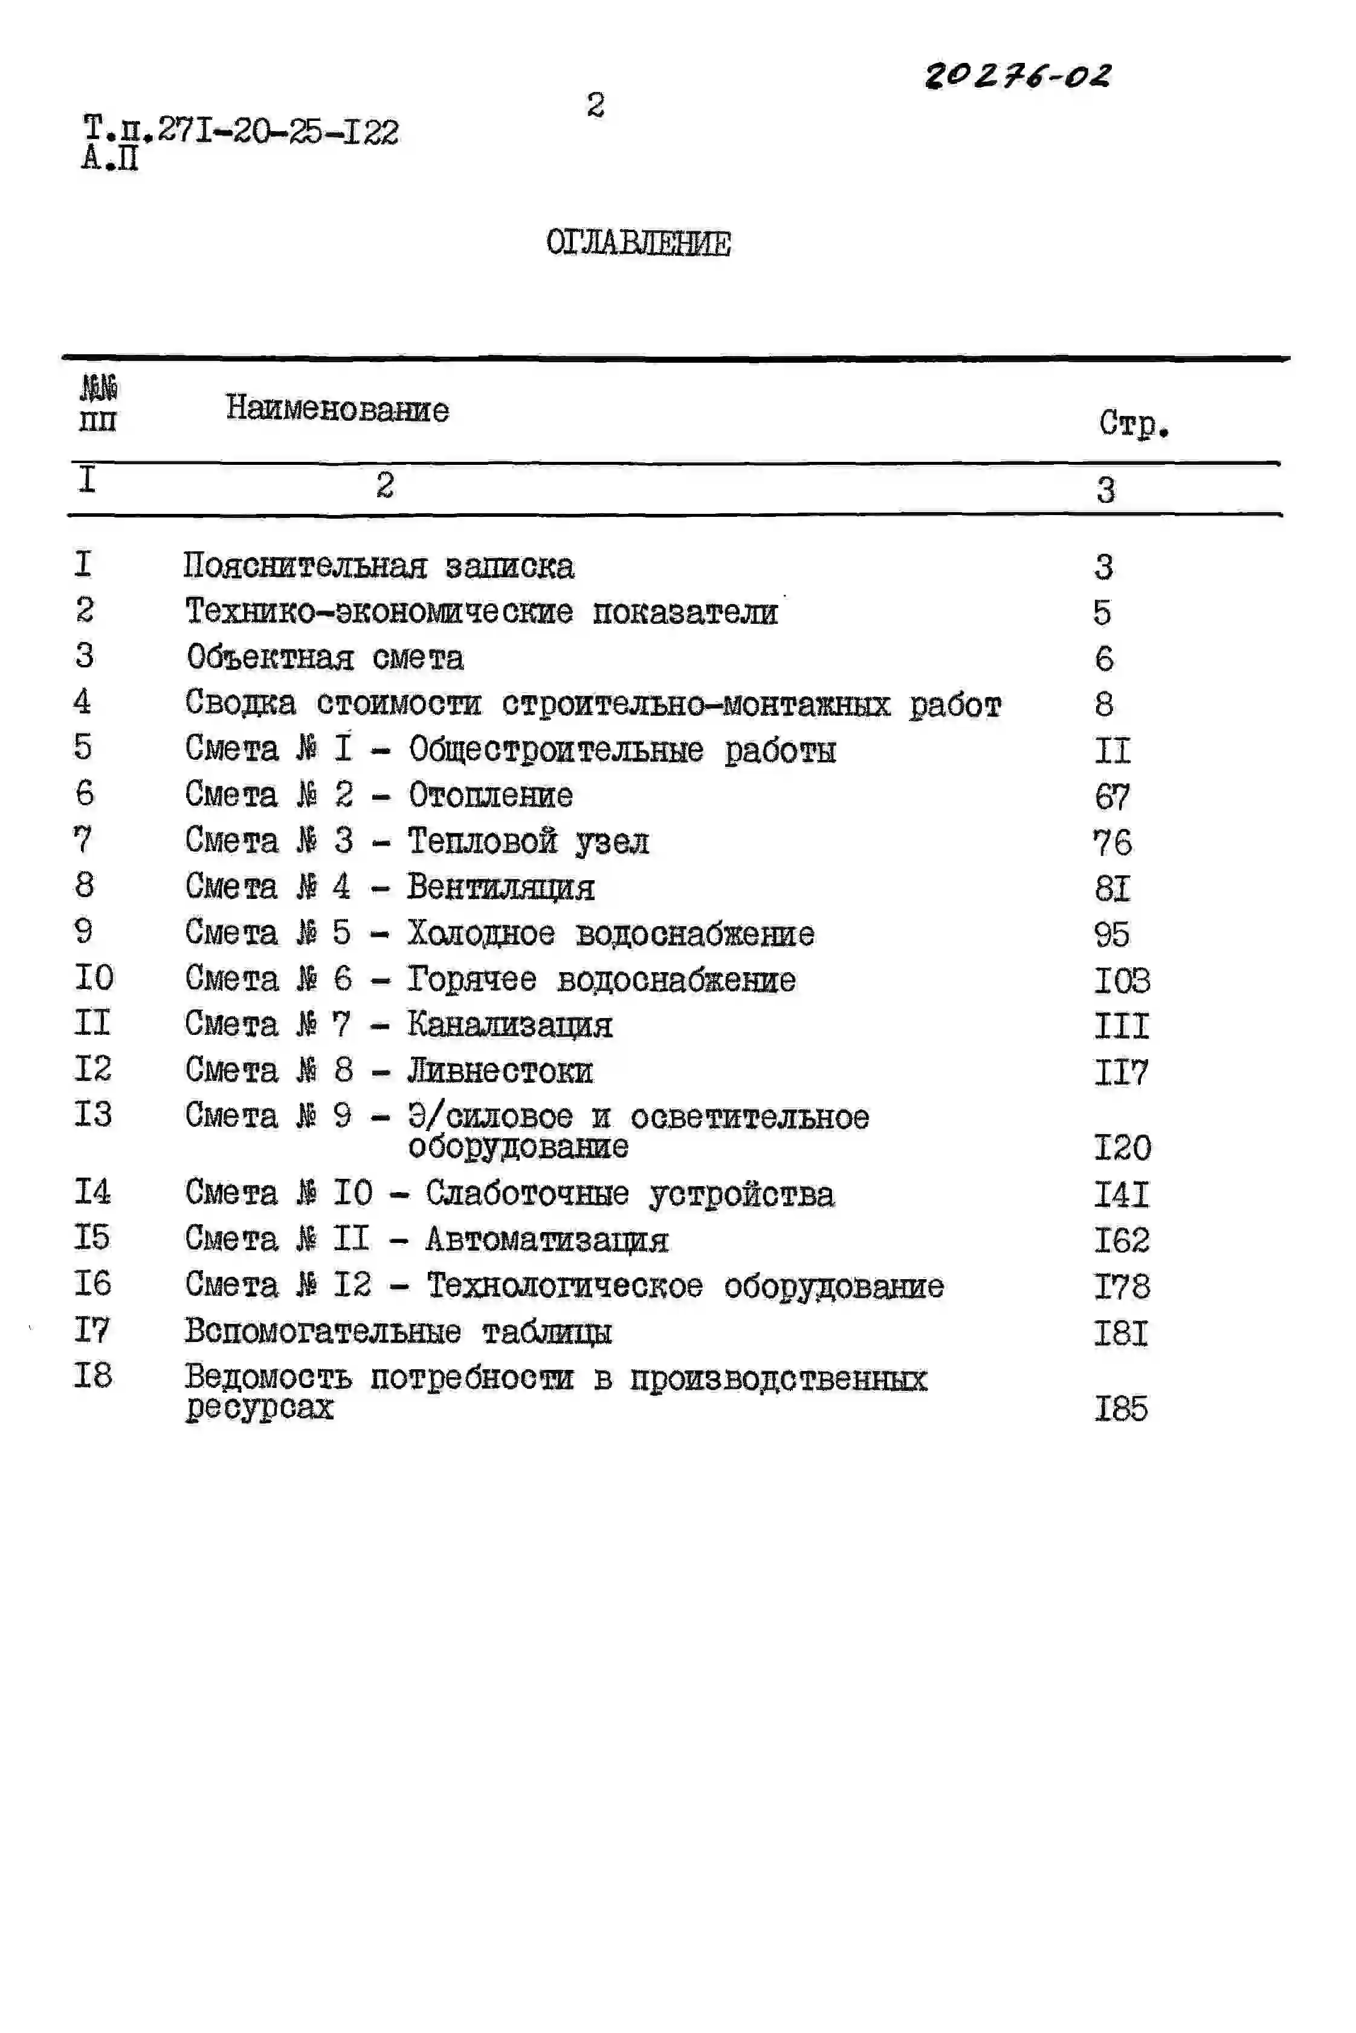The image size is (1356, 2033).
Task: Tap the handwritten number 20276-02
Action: (x=1018, y=76)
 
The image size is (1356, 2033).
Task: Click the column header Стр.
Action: (x=1134, y=423)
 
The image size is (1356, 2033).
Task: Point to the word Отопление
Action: (x=490, y=795)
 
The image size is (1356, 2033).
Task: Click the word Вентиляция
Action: (x=501, y=887)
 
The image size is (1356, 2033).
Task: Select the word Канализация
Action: (x=509, y=1025)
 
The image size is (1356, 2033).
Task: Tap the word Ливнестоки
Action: (x=500, y=1071)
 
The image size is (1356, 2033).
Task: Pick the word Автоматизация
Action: (x=546, y=1240)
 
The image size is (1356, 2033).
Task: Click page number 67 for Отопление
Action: (x=1112, y=796)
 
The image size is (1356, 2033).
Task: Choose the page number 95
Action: (x=1111, y=935)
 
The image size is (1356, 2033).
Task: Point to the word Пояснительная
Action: (x=305, y=566)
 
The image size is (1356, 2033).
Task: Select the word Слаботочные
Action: (x=527, y=1194)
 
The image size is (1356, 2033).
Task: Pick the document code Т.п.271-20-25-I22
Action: (x=241, y=132)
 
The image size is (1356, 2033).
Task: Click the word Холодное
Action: (x=481, y=933)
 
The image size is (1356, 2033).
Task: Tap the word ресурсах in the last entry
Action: (x=259, y=1407)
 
